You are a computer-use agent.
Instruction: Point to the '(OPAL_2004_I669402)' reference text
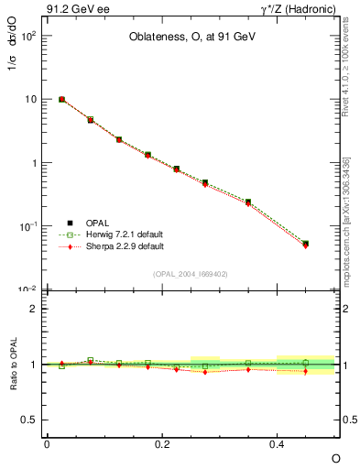191,273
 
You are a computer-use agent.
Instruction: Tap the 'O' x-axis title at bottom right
335,457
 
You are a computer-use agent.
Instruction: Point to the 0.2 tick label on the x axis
162,443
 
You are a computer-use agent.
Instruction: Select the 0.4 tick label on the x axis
278,443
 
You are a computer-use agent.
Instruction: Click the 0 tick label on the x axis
47,443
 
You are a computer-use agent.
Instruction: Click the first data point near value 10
61,99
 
